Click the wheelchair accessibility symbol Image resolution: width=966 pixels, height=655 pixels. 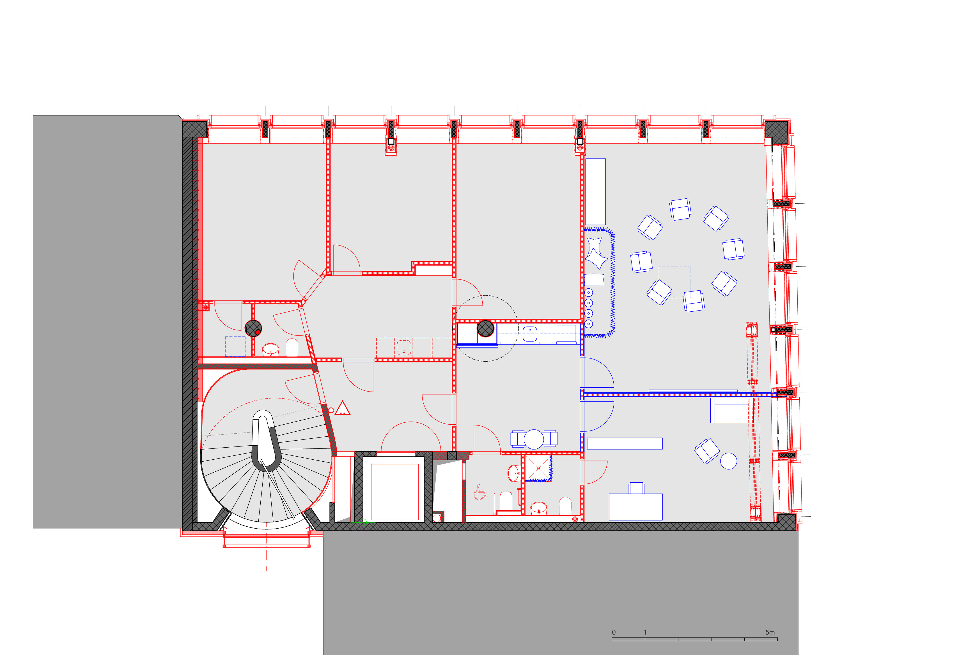click(480, 492)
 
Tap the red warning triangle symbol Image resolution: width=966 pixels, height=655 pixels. click(343, 409)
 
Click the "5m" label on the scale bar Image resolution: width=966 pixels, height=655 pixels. click(770, 632)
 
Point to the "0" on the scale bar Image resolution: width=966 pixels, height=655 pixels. click(614, 632)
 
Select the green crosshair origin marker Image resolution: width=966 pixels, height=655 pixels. click(362, 522)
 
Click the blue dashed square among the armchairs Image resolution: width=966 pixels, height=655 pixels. click(674, 283)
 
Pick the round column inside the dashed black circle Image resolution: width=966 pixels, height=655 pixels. click(485, 328)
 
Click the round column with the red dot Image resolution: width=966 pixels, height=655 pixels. click(253, 328)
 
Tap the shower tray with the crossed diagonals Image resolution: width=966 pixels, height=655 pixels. click(539, 468)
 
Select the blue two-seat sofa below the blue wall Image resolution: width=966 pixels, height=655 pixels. click(731, 410)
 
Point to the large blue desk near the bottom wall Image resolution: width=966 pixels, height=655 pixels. click(635, 507)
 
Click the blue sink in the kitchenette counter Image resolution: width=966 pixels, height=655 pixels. click(529, 334)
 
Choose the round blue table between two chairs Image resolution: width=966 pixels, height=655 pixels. click(534, 439)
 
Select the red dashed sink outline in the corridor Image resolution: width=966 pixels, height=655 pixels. click(404, 348)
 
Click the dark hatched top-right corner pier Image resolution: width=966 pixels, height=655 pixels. click(776, 132)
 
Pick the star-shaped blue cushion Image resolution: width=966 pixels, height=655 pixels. click(595, 253)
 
